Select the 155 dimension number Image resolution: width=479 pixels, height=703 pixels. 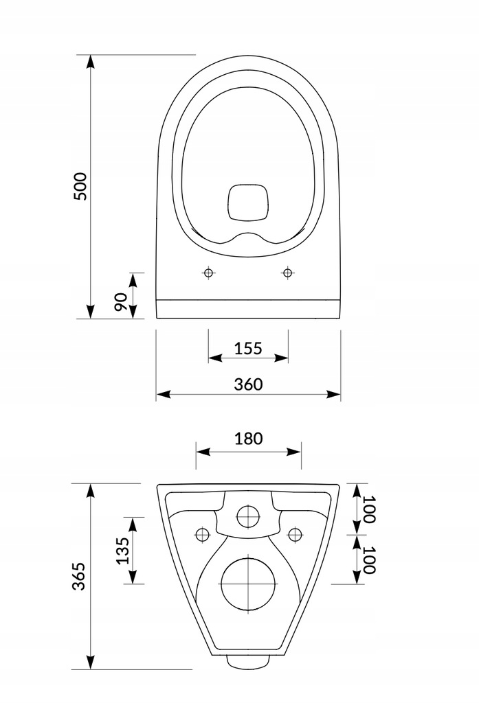tap(248, 347)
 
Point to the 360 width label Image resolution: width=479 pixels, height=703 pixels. tap(248, 384)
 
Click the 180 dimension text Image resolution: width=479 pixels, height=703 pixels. tap(248, 439)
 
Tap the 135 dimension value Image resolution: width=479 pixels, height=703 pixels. tap(123, 551)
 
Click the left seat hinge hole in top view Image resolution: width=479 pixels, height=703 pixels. tap(208, 273)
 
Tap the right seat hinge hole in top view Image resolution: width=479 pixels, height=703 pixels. tap(287, 273)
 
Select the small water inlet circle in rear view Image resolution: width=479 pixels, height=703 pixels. tap(248, 516)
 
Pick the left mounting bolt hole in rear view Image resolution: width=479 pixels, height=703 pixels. tap(202, 534)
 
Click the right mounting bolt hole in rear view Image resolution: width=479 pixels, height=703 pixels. tap(295, 534)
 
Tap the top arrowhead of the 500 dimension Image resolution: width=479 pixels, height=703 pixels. tap(90, 60)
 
